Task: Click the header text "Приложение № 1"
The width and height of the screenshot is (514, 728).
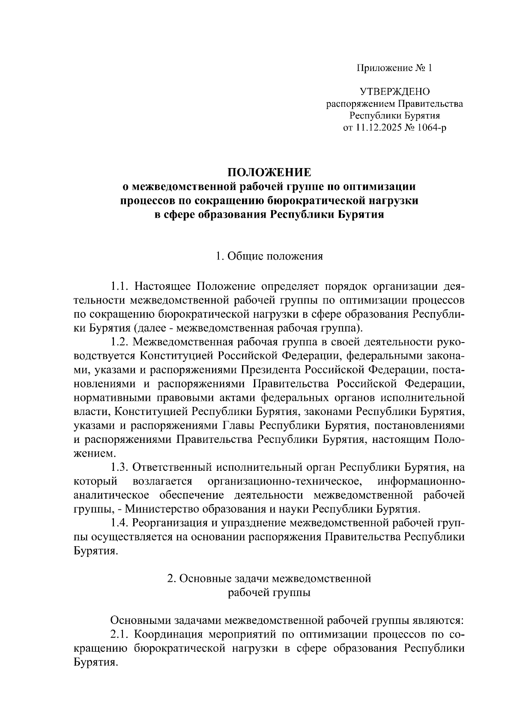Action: [395, 68]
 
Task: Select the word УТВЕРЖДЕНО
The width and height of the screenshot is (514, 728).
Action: [394, 92]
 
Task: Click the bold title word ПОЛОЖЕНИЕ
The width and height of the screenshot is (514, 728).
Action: [269, 173]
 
